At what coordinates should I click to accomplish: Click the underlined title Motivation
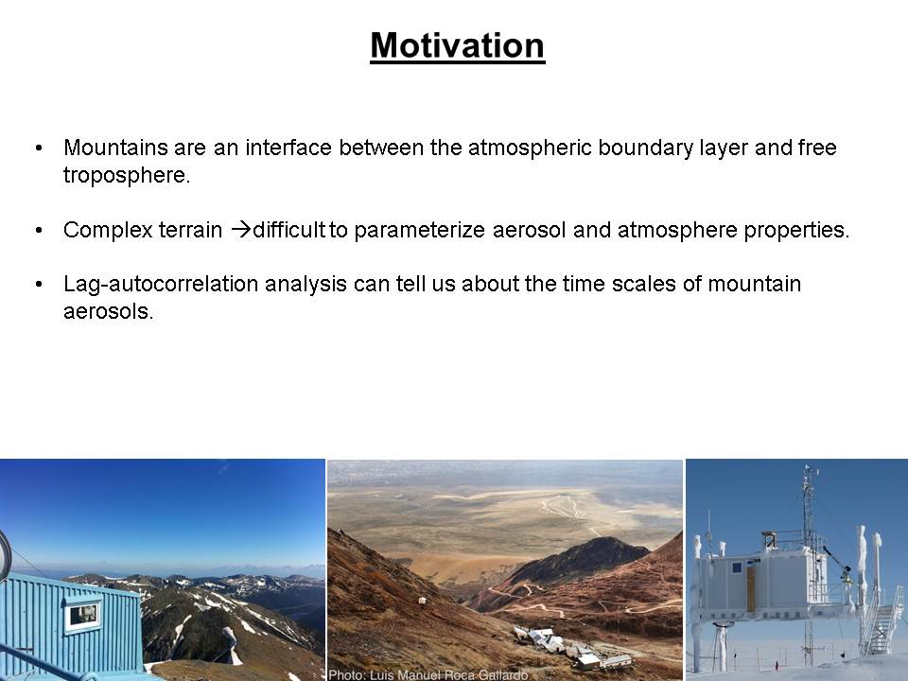coord(458,45)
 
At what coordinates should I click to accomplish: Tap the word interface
coord(288,148)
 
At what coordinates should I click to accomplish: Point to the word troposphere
coord(127,175)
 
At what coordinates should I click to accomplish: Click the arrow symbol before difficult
coord(241,229)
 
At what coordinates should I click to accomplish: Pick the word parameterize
coord(419,230)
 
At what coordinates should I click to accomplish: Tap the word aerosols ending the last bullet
coord(108,311)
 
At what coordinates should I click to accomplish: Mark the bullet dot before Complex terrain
coord(39,231)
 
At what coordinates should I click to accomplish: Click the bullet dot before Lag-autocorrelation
coord(39,285)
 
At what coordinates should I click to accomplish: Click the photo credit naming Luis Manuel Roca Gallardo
coord(428,674)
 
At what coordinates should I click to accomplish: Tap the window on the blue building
coord(83,615)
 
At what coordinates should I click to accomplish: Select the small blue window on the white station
coord(736,568)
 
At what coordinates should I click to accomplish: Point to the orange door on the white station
coord(752,587)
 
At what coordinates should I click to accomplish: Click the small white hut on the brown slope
coord(423,602)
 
